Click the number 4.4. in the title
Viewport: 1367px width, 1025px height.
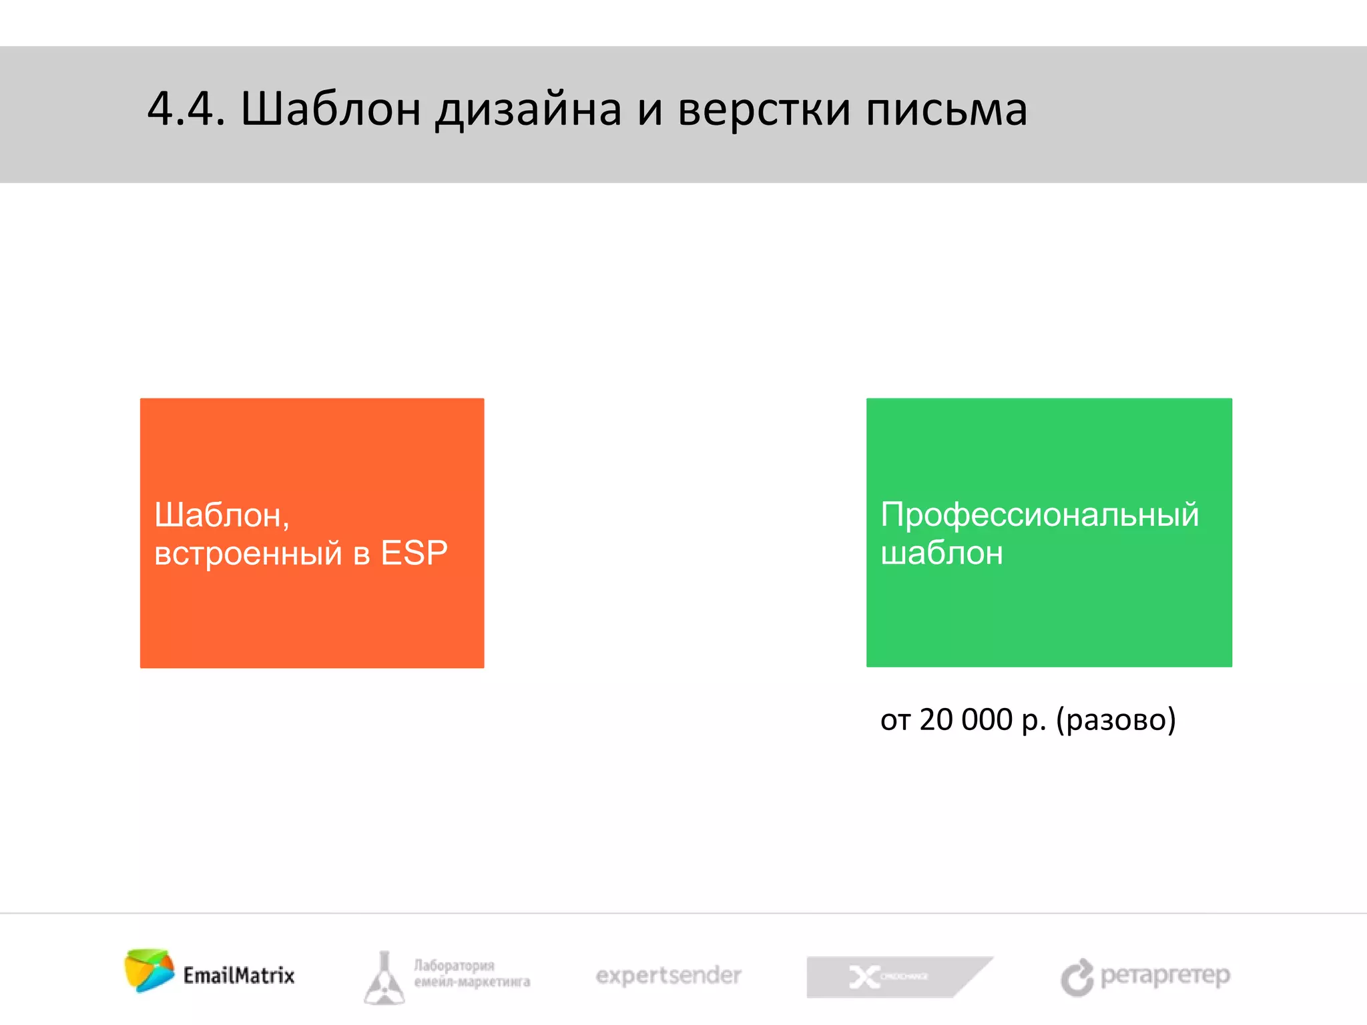pos(186,109)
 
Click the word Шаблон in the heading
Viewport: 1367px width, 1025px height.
pos(330,109)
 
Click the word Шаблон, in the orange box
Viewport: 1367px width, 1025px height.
pos(222,515)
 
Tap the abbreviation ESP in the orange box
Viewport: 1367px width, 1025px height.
pos(414,553)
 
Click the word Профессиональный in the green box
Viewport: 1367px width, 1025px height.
pos(1039,515)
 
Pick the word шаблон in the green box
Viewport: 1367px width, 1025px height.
pos(941,553)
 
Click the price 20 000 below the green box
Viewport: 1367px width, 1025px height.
pos(966,719)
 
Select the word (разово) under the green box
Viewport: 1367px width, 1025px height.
pos(1115,720)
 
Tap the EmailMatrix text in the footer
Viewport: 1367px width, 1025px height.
pos(239,976)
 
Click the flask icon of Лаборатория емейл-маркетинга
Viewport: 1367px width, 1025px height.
pos(384,978)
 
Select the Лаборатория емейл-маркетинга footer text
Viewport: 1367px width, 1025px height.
pos(471,974)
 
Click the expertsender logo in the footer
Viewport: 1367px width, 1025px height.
pos(668,976)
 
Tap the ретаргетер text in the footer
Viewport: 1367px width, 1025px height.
pos(1165,976)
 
